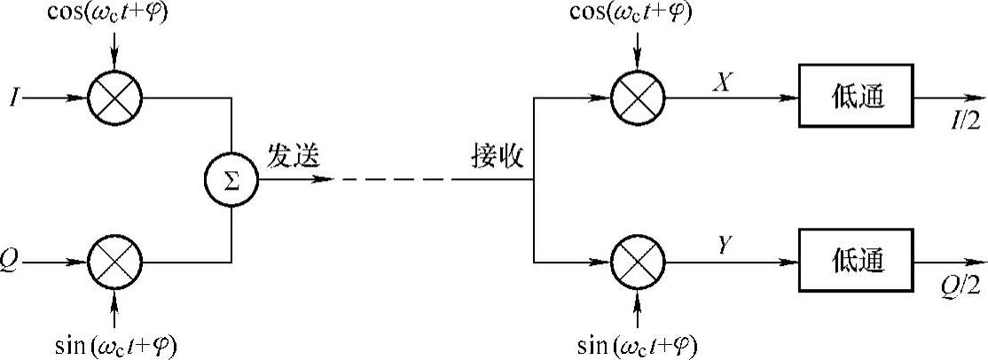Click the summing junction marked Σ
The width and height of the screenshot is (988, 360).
[x=231, y=181]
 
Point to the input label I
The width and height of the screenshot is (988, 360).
[x=11, y=98]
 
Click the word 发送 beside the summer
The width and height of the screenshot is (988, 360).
[x=294, y=158]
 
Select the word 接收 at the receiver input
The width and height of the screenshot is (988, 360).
[x=498, y=158]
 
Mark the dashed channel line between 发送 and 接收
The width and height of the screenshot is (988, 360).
[x=395, y=180]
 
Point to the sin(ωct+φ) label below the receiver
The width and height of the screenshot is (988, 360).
[x=637, y=342]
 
